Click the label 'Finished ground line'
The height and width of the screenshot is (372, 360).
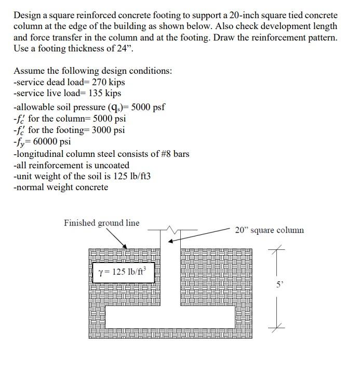point(101,223)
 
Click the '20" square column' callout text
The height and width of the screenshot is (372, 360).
point(269,230)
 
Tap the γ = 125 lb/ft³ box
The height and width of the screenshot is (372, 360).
point(123,272)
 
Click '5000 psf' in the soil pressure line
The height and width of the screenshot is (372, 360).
point(148,107)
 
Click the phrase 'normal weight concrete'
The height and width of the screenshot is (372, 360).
point(62,187)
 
